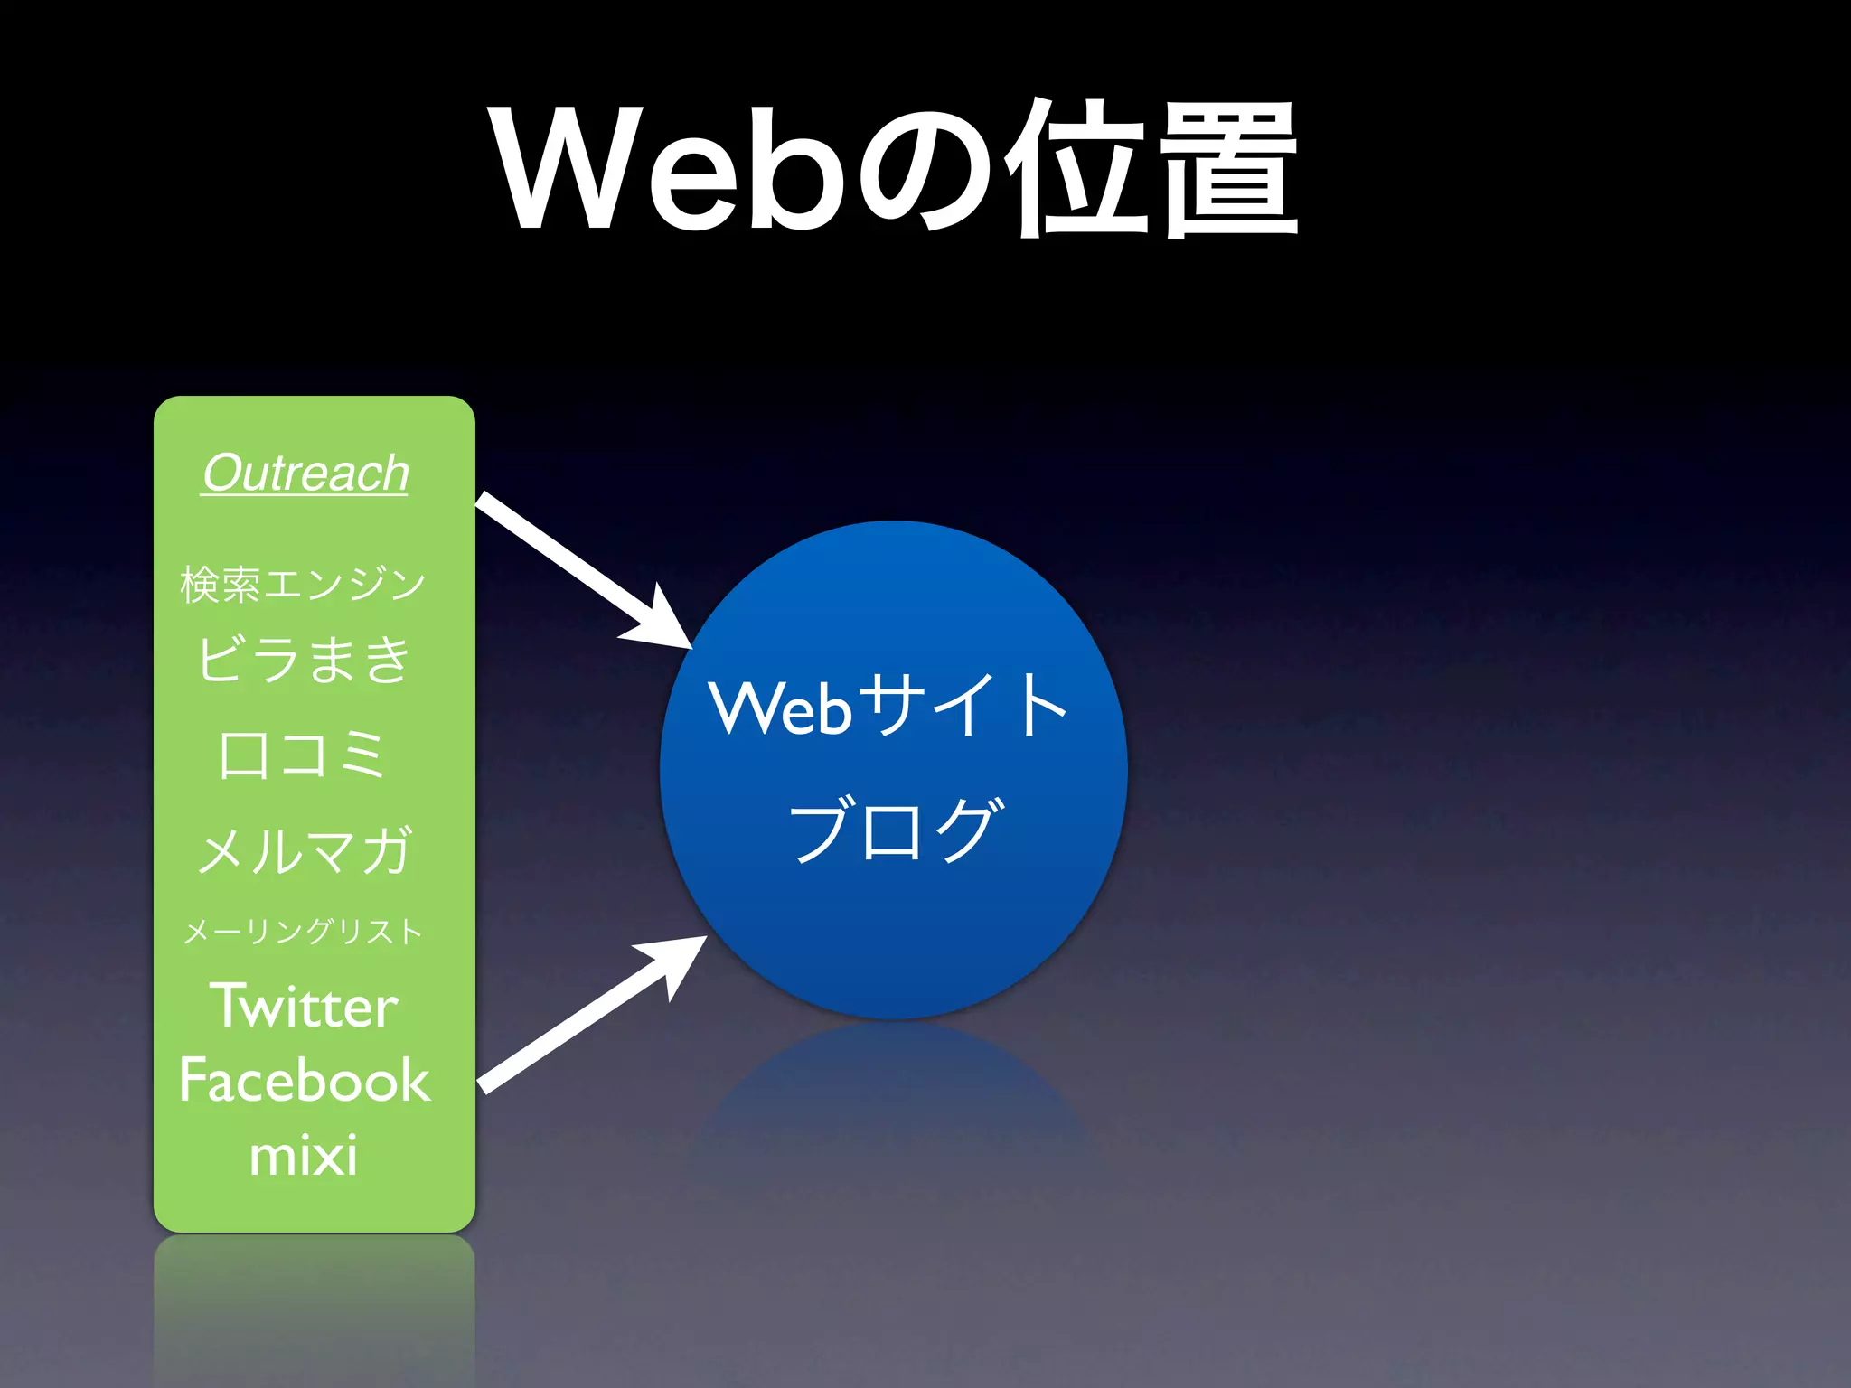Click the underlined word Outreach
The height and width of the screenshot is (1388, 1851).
(305, 474)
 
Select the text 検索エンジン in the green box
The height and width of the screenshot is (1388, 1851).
(304, 584)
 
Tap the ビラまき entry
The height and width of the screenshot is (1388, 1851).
(305, 659)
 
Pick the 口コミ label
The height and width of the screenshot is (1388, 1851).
(304, 755)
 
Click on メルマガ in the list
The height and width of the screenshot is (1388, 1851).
(305, 850)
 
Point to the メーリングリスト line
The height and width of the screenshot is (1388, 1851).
(304, 931)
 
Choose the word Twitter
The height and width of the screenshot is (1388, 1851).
(305, 1006)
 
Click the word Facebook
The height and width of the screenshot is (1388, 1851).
(305, 1081)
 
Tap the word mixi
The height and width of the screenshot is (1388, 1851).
(304, 1156)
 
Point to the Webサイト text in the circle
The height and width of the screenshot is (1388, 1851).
(889, 706)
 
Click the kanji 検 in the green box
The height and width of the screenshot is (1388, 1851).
(199, 584)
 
